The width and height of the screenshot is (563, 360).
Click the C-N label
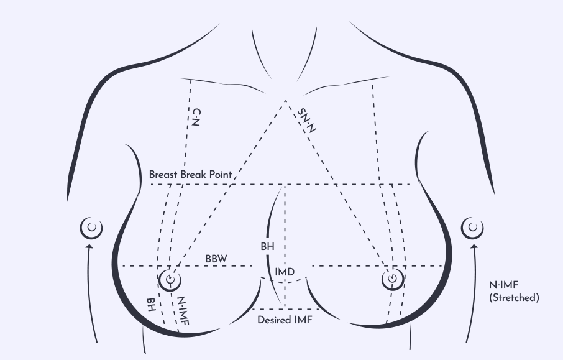coord(196,118)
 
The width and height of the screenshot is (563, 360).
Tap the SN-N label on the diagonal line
coord(307,121)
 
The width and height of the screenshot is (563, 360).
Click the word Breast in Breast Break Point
coord(163,175)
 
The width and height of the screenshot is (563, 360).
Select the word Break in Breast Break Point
coord(193,175)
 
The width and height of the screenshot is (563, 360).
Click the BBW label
coord(216,259)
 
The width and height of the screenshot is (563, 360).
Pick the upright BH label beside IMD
coord(267,246)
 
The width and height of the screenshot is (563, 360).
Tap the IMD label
coord(285,272)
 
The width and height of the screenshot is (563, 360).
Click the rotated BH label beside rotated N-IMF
coord(151,305)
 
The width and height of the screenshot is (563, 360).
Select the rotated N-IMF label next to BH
coord(183,311)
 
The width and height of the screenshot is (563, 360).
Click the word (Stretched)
coord(514,298)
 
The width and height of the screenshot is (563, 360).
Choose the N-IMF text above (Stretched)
coord(504,285)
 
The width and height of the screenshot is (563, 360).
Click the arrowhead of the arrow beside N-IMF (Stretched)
coord(474,247)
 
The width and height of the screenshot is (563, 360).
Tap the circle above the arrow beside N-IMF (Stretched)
coord(472,228)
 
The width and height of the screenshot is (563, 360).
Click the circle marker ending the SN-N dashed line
coord(393,279)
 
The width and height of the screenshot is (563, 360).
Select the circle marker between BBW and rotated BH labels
coord(170,280)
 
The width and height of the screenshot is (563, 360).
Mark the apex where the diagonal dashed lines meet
coord(285,101)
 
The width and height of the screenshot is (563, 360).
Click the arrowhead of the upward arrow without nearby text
coord(89,247)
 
